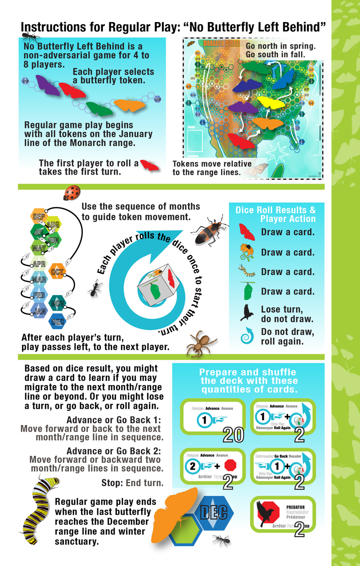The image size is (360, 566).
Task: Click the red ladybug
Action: point(72,193)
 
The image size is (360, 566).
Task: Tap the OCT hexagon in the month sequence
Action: point(57,272)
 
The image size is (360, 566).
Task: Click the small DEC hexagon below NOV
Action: point(58,322)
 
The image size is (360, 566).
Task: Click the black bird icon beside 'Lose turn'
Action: point(247,312)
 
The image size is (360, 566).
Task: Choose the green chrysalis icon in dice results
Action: point(247,291)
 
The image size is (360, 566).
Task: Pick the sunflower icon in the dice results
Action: point(247,252)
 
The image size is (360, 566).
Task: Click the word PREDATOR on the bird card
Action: point(295,507)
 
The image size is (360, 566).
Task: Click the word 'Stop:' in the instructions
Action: point(112,483)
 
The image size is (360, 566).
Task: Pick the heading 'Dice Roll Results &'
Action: point(275,210)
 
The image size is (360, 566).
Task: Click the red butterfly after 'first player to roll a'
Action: point(149,165)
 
